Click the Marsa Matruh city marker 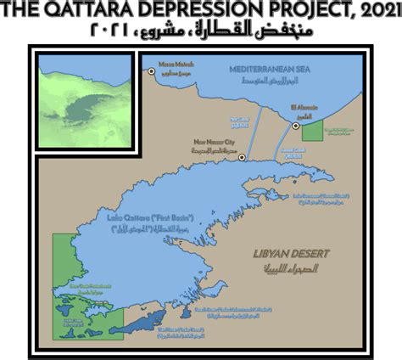(152, 72)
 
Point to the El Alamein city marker (295, 126)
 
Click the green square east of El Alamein (313, 130)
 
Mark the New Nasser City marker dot (242, 158)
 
